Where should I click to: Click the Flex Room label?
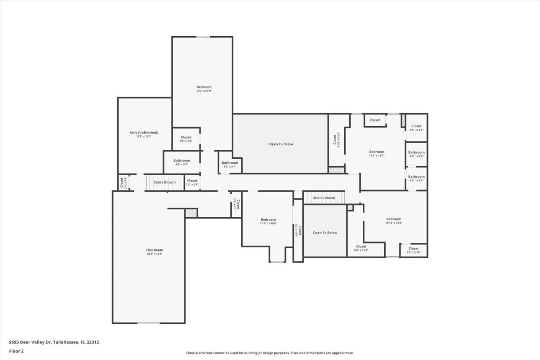click(x=154, y=250)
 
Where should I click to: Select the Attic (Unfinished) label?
click(x=143, y=133)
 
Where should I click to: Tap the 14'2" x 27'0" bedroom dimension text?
click(x=204, y=91)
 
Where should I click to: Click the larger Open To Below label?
click(x=281, y=144)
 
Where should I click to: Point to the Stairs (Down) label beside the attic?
click(x=164, y=182)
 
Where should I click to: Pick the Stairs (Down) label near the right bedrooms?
click(x=324, y=198)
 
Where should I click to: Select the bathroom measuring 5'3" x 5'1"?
click(x=230, y=164)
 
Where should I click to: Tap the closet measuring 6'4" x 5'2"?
click(x=186, y=139)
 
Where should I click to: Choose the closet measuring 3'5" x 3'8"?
click(x=192, y=182)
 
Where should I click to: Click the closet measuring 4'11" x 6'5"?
click(x=416, y=127)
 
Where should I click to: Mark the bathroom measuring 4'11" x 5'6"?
click(x=416, y=154)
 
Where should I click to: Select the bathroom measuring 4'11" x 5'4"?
click(x=416, y=179)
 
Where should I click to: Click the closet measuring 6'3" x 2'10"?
click(x=413, y=250)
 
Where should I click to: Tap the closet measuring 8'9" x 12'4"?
click(x=361, y=248)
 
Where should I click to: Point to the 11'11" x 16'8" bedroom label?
click(x=268, y=221)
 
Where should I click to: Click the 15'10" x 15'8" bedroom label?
click(x=394, y=220)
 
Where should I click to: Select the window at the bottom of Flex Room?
click(x=148, y=323)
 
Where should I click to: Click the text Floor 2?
click(x=16, y=351)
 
